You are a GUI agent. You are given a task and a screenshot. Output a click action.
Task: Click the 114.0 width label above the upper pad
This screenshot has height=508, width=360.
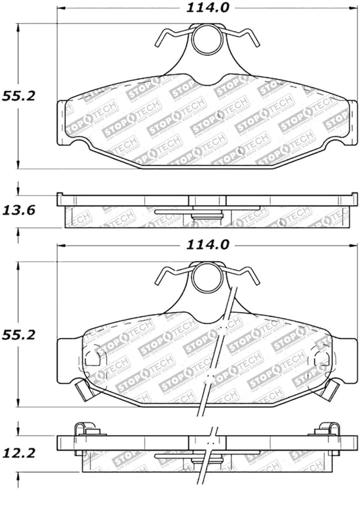click(207, 8)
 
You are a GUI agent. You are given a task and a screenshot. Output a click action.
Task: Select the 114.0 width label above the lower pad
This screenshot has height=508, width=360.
click(207, 245)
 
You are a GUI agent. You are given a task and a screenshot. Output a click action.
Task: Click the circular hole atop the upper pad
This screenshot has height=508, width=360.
click(205, 40)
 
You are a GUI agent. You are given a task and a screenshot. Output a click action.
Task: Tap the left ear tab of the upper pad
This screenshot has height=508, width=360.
click(62, 122)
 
